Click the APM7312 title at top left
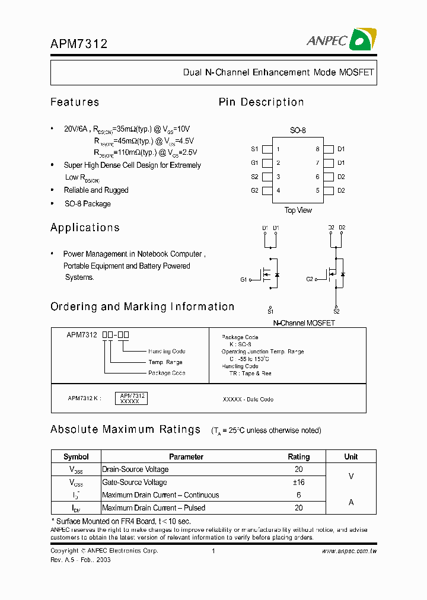[x=79, y=43]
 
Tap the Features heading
[x=75, y=102]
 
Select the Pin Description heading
[x=261, y=102]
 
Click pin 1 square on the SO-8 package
[x=267, y=149]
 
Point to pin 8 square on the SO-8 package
[x=328, y=149]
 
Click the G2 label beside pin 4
[x=254, y=190]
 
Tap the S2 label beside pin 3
[x=254, y=177]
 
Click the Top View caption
[x=298, y=210]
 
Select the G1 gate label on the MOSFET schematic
[x=244, y=279]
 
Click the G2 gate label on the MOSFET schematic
[x=310, y=279]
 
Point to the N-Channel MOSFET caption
[x=304, y=323]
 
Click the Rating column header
[x=298, y=457]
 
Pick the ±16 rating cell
[x=298, y=482]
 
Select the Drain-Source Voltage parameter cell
[x=135, y=470]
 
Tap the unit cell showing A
[x=351, y=502]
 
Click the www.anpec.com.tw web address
[x=349, y=551]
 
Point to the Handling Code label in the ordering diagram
[x=167, y=352]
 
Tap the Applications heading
[x=85, y=228]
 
